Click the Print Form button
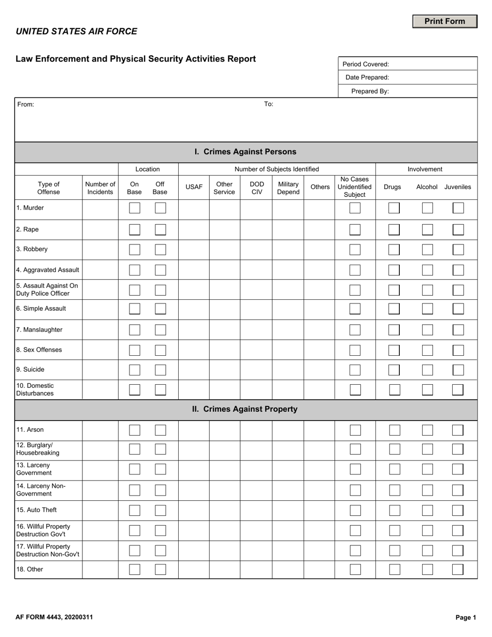point(444,21)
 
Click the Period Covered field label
point(366,64)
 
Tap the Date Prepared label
point(367,77)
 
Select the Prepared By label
point(370,91)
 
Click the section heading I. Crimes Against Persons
point(245,152)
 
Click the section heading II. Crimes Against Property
point(245,409)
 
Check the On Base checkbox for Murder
point(135,208)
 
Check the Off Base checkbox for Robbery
point(161,250)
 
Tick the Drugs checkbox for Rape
point(394,229)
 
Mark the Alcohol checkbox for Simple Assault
point(427,309)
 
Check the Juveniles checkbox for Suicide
point(458,370)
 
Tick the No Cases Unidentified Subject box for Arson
point(355,430)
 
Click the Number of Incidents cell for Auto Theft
point(100,510)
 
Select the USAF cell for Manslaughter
point(194,330)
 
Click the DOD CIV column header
point(257,188)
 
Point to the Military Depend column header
point(288,188)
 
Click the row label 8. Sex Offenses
point(39,350)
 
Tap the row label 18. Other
point(30,569)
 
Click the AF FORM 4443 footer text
point(54,617)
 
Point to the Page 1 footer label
point(466,617)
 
